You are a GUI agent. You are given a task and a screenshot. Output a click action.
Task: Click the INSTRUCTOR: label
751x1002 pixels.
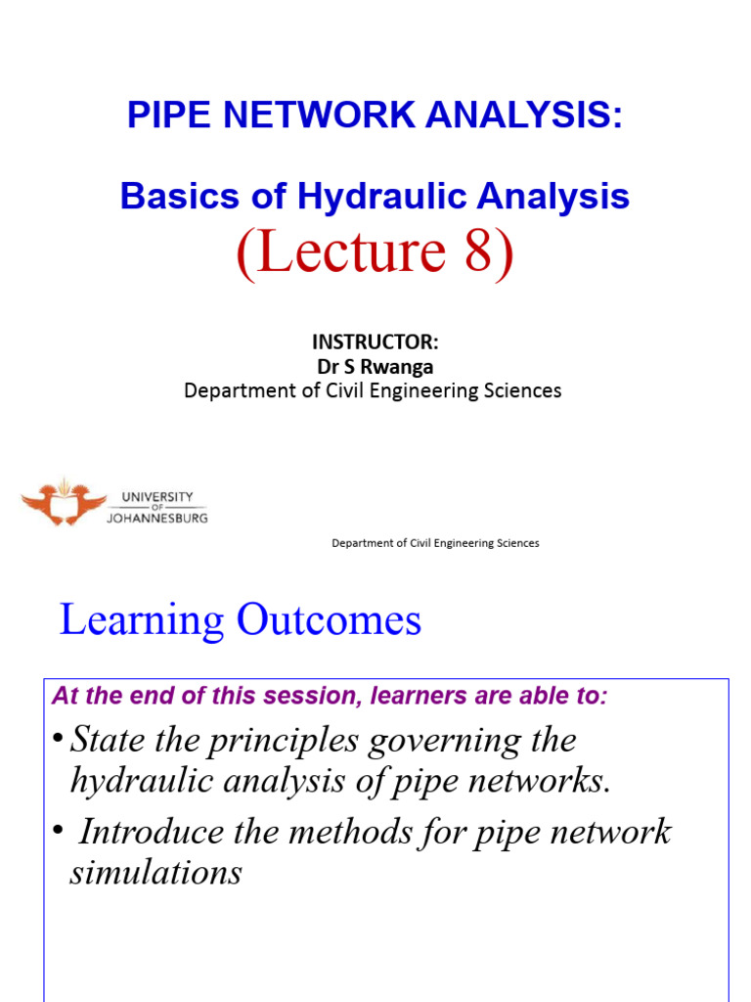pos(375,342)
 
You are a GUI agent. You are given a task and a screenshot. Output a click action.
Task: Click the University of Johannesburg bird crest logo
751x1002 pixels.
pos(64,502)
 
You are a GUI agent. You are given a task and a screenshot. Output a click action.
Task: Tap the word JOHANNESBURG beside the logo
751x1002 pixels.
pos(156,519)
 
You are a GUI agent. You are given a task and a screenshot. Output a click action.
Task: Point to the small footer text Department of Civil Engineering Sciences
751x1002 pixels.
pos(435,543)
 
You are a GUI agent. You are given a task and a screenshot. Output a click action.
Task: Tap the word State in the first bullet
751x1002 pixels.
pos(107,740)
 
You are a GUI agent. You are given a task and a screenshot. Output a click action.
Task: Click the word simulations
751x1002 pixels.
pos(155,871)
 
